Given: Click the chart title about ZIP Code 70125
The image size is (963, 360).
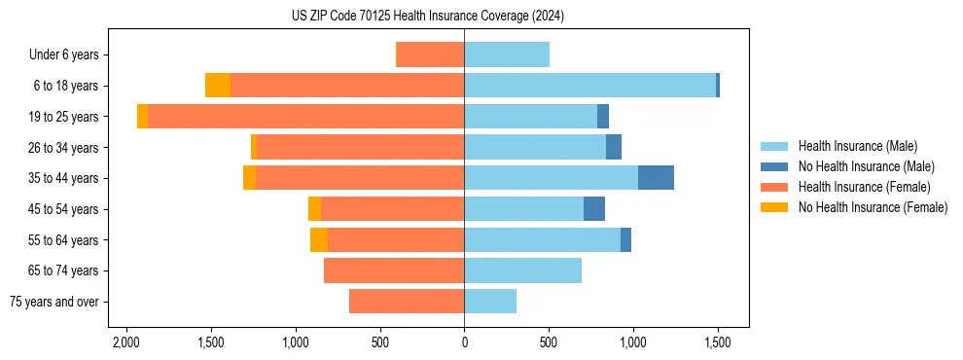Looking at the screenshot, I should [427, 17].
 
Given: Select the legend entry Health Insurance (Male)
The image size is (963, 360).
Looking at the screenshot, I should [857, 146].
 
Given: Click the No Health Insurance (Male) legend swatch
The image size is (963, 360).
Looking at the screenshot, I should [773, 166].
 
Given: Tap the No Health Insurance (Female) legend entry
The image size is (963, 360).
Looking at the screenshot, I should [873, 207].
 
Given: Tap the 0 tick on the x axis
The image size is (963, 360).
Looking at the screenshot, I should [464, 343].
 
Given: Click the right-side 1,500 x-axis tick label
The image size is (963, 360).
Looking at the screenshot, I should [718, 343].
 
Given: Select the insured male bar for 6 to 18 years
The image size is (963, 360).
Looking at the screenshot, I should [589, 86].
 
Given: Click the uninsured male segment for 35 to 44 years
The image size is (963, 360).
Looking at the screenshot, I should [656, 178].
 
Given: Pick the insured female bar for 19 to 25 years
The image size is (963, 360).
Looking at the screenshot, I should [305, 117].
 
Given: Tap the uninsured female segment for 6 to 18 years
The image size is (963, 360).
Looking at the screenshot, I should [218, 86].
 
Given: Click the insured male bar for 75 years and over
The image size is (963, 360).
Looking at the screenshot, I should [490, 302].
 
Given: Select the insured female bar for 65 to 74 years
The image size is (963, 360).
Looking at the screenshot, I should [394, 270].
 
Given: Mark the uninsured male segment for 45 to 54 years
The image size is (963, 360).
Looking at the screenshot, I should [594, 209].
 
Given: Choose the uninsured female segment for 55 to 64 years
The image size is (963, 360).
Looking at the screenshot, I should [319, 239].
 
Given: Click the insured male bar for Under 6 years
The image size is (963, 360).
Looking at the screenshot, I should [507, 54].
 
